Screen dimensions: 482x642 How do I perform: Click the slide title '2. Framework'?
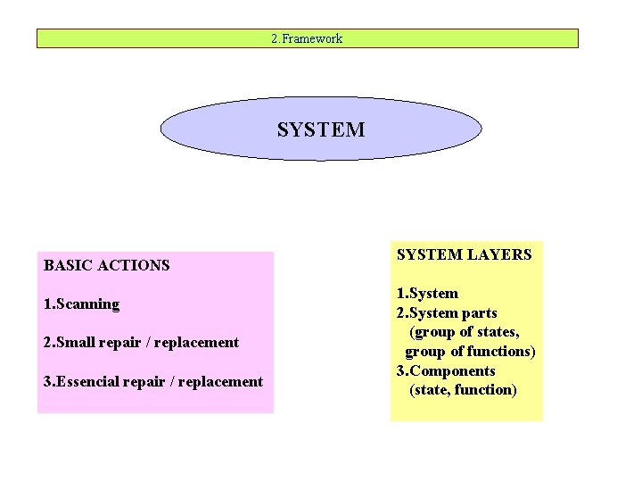point(307,38)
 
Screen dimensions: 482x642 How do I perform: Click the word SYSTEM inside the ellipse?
point(321,129)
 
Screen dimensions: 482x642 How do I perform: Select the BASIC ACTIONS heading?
point(106,265)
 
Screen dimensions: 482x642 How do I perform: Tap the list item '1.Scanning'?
point(81,303)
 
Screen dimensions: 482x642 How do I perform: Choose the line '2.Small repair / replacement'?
point(141,342)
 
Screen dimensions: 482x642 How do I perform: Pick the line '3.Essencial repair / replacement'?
point(152,381)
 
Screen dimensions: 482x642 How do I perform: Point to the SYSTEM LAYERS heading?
point(464,254)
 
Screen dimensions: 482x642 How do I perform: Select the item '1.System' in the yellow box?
point(427,293)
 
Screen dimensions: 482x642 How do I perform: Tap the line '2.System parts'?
point(446,312)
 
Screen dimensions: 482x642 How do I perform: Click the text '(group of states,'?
point(464,332)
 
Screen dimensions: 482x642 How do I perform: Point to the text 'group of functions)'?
point(470,351)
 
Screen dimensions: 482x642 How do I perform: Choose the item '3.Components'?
point(445,370)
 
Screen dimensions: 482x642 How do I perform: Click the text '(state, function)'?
point(463,389)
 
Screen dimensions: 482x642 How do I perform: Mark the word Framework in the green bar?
point(313,38)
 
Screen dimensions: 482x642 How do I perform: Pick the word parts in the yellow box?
point(479,312)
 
